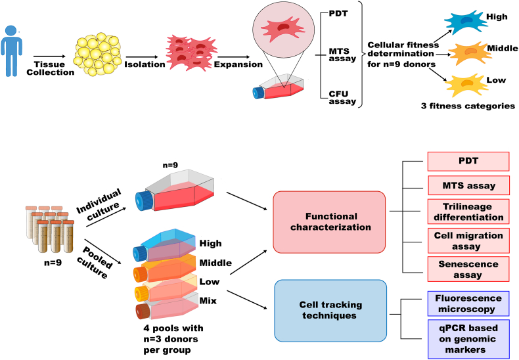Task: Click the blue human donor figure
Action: coord(11,51)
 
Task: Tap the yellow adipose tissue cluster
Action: coord(97,53)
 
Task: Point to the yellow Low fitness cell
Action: coord(466,85)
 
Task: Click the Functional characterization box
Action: coord(329,221)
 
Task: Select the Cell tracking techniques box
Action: coord(330,310)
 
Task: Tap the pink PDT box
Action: coord(468,161)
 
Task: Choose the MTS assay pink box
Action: coord(468,185)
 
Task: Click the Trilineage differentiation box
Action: coord(468,212)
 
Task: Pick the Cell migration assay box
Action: coord(468,240)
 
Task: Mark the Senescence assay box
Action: coord(468,269)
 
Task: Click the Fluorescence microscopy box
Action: coord(468,304)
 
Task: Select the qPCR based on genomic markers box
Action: coord(468,339)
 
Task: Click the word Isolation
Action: coord(145,64)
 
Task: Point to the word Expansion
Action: coord(238,64)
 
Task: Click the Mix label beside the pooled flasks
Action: coord(208,301)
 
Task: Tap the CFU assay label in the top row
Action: coord(342,98)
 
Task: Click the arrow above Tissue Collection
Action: coord(50,56)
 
